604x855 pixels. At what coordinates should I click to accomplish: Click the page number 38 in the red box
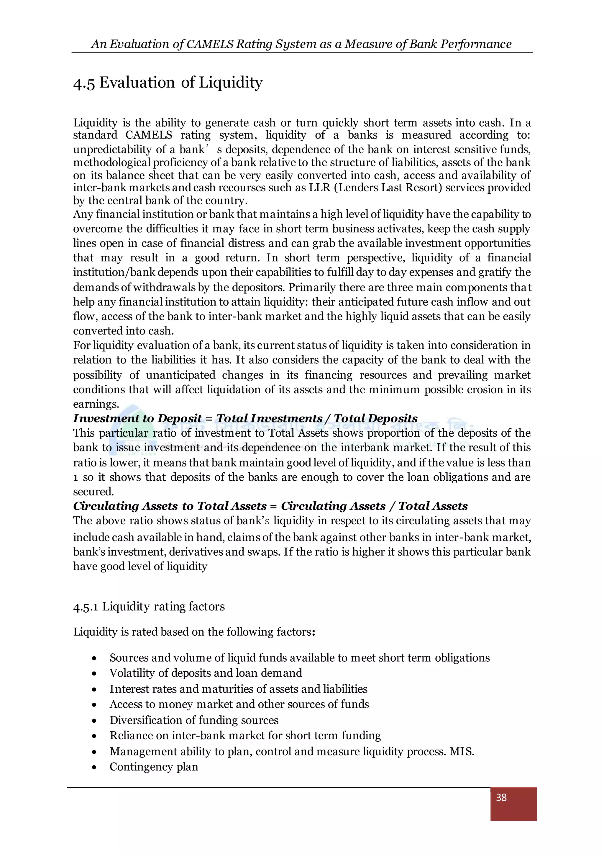[501, 797]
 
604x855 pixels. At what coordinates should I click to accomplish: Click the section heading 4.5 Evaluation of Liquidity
[168, 82]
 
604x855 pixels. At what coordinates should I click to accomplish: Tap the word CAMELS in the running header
[210, 44]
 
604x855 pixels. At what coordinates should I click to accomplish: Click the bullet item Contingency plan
[154, 767]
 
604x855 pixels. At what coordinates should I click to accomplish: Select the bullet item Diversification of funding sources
[194, 720]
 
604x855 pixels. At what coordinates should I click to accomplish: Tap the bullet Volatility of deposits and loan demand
[206, 673]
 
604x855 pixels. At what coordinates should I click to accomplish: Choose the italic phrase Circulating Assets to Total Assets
[170, 506]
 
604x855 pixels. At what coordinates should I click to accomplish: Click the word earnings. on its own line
[96, 404]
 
